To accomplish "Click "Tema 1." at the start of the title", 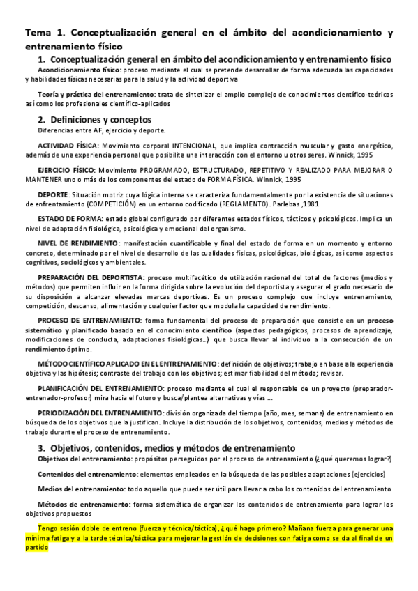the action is point(43,33).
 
